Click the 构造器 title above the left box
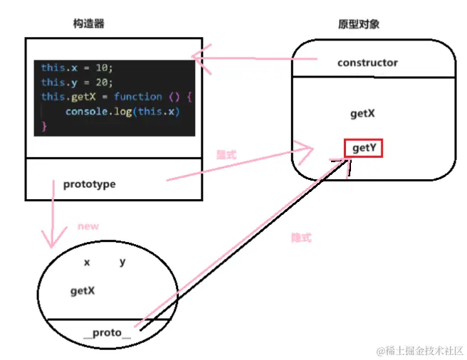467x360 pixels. coord(89,23)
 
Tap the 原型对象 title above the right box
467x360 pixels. coord(359,23)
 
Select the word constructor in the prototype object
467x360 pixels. coord(367,63)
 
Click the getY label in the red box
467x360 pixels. coord(364,147)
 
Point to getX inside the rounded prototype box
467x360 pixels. coord(362,113)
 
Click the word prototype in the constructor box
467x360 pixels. coord(89,184)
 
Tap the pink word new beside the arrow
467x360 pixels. coord(88,227)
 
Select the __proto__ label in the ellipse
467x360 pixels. coord(107,332)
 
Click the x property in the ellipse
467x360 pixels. coord(87,262)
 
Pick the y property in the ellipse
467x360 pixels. coord(122,262)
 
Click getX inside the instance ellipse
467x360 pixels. coord(83,290)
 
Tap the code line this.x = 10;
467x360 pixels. coord(77,68)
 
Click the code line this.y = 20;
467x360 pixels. coord(77,82)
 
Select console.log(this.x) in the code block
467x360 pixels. coord(120,112)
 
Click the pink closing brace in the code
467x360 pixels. coord(44,126)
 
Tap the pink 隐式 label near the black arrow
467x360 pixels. coord(301,238)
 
